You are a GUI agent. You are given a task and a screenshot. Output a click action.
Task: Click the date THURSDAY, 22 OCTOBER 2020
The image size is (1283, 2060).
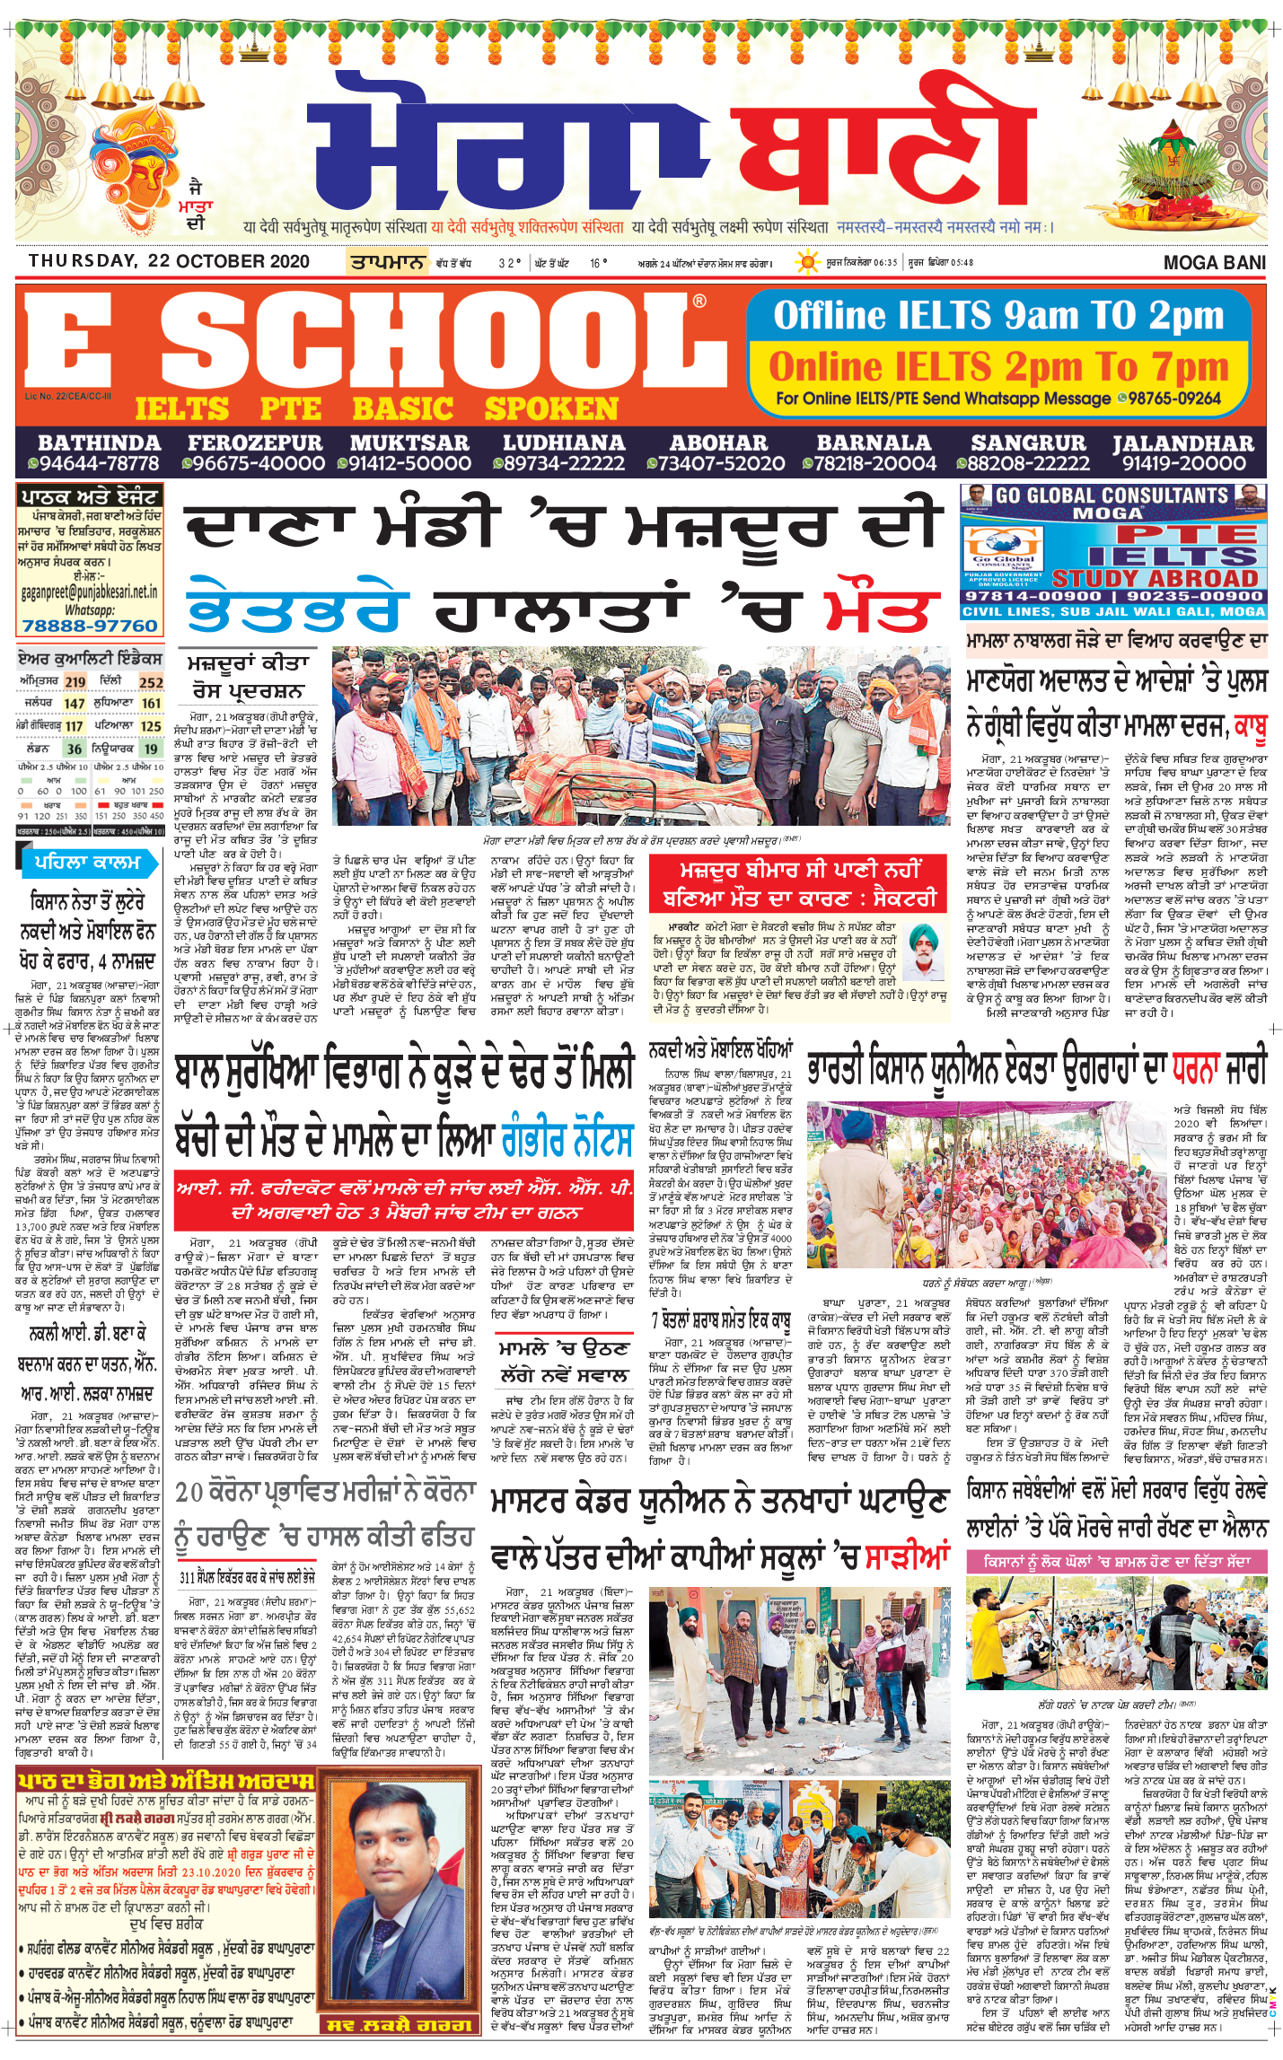coord(169,261)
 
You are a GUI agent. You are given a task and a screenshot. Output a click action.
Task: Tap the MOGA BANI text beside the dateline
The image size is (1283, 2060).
coord(1214,262)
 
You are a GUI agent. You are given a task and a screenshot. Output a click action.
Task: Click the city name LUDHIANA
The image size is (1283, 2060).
coord(563,443)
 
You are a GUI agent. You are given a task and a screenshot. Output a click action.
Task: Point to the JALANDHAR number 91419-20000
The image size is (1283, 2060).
coord(1183,463)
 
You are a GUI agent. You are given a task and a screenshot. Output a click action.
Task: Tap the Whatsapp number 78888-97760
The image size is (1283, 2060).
coord(90,626)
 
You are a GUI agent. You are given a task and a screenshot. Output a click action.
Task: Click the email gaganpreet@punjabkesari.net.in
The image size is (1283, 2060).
coord(90,592)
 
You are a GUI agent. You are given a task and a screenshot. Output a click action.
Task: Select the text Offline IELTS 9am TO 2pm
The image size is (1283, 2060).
coord(998,316)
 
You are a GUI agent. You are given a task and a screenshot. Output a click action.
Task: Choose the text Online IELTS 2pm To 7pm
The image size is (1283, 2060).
coord(998,366)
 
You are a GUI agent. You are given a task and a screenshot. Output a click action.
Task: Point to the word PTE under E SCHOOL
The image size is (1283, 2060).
coord(290,409)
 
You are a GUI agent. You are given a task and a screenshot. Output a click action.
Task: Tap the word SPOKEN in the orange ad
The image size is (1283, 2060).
coord(551,409)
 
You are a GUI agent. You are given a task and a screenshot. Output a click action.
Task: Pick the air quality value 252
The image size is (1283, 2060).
coord(151,682)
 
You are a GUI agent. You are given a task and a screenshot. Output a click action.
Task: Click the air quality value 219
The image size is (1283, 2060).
coord(75,682)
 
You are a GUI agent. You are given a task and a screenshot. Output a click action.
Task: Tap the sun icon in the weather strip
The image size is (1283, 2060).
coord(808,262)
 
